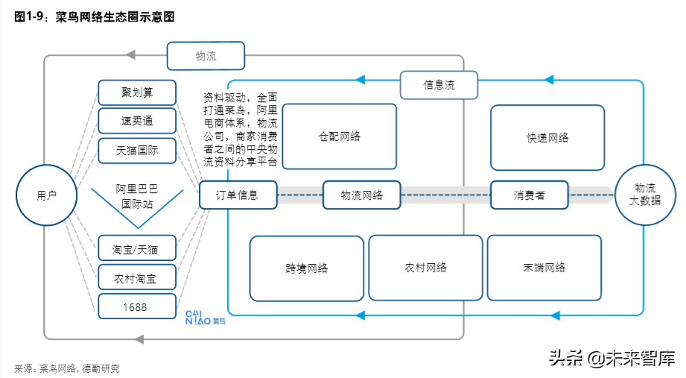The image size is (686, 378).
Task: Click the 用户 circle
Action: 46,195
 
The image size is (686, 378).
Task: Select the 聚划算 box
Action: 137,92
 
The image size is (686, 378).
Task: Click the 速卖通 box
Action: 137,121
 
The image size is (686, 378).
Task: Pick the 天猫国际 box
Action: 137,150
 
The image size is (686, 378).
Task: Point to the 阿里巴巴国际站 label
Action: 137,195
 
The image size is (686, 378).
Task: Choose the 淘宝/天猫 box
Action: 137,248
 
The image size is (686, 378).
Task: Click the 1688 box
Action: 137,306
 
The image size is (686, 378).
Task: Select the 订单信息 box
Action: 238,195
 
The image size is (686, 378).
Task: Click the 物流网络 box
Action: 361,195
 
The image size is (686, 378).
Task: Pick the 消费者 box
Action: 529,195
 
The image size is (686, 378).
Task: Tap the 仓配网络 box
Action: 339,136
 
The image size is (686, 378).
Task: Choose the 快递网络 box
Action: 547,138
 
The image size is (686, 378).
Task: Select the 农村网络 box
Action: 426,268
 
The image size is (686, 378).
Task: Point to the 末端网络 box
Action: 544,268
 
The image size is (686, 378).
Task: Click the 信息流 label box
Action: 439,85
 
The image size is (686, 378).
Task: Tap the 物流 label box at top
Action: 206,56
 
